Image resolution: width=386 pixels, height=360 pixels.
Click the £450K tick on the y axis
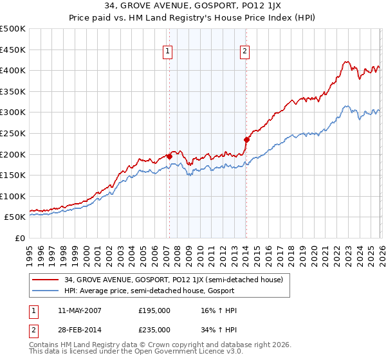coord(13,50)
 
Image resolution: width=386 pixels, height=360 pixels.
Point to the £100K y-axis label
coord(13,196)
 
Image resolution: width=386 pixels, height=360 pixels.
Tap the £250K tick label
coord(13,133)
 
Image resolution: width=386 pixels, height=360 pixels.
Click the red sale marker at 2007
coord(169,156)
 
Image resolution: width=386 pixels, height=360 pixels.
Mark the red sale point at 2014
coord(246,139)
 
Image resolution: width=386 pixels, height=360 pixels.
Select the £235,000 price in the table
coord(154,329)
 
